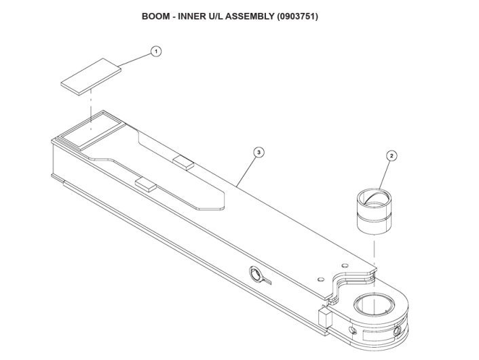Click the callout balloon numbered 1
156,52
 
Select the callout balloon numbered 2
391,156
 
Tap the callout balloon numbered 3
258,153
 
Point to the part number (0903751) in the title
297,16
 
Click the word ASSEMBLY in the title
248,16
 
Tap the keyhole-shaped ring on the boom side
257,274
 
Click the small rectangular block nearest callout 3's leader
184,161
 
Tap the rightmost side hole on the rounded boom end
396,333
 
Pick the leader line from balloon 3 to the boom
246,169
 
